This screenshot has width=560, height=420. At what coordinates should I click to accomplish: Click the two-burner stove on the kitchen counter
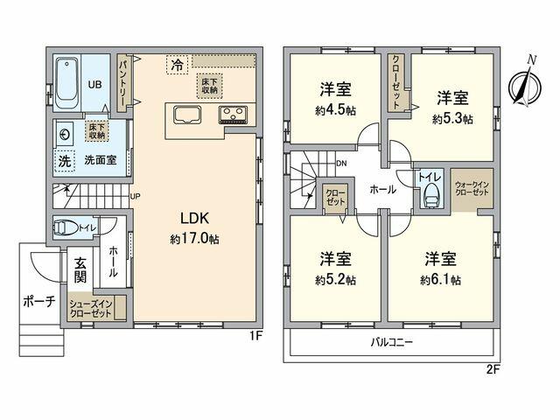(x=234, y=115)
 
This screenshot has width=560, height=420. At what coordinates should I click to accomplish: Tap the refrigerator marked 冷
(x=178, y=64)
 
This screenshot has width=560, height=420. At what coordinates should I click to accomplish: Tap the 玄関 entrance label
(x=80, y=269)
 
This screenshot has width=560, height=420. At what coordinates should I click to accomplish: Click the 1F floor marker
(x=255, y=335)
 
